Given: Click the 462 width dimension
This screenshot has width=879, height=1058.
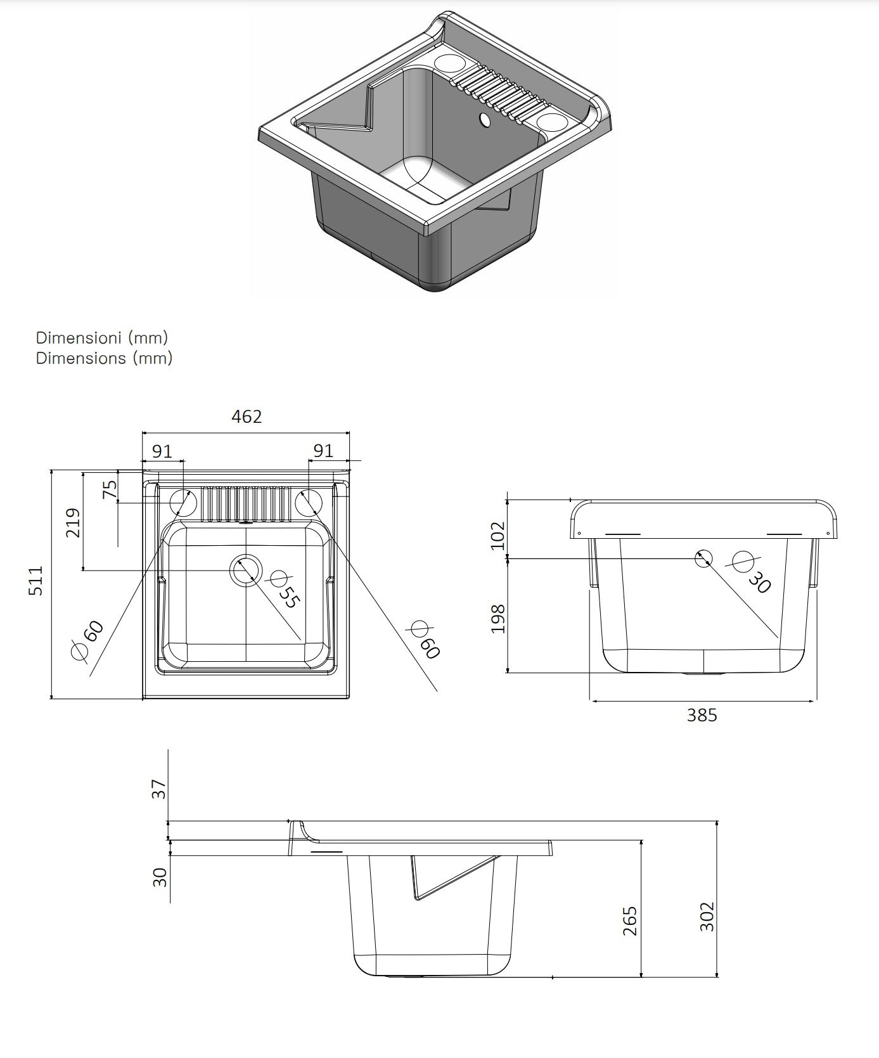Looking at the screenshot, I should coord(247,416).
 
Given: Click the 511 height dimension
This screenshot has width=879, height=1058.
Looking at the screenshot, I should coord(36,580).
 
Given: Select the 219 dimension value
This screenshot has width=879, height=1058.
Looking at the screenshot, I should coord(74,522).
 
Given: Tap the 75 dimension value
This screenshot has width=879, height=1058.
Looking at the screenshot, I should coord(110,489).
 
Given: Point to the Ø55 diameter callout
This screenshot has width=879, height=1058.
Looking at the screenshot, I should coord(284,590).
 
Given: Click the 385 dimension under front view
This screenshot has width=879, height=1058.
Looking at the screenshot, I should coord(702,715).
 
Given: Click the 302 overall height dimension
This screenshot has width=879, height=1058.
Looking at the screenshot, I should coord(707,916).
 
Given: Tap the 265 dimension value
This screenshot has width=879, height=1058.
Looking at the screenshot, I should coord(630,921).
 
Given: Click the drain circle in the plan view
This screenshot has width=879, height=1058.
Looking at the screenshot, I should coord(246,569).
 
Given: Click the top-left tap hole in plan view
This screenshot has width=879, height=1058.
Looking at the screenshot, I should coord(183,502).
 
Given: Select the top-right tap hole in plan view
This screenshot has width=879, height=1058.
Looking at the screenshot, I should coord(309,501).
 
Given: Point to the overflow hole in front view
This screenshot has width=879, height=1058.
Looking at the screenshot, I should coord(704,558).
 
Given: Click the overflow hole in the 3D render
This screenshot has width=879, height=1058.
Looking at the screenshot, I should coord(485,119).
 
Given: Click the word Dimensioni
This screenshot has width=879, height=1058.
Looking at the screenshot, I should coord(79,337).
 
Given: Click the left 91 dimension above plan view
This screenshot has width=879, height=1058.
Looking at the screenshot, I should coord(162,451).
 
